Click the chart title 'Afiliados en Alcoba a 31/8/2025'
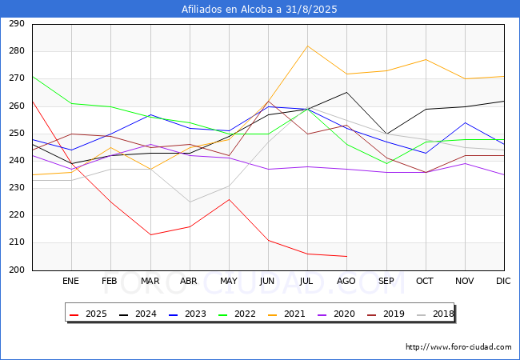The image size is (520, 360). point(259,10)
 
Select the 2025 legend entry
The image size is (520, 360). point(88,314)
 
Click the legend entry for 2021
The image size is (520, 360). point(286,314)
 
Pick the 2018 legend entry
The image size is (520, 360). point(435,314)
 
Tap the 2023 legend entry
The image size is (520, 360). point(187,314)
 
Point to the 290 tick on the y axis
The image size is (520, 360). point(17,24)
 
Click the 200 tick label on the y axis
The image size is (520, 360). point(17,270)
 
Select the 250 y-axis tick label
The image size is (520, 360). point(17,134)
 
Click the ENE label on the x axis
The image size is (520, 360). point(70,281)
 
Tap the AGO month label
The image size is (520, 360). point(346,281)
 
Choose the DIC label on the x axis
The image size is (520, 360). point(503,281)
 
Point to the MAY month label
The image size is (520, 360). point(229,281)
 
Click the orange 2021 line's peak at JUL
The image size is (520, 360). point(308,46)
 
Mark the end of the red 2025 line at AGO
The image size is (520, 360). point(347,256)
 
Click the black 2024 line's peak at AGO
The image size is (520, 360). point(347,92)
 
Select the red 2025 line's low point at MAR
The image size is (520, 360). point(151,234)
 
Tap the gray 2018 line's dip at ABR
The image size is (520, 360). point(190,202)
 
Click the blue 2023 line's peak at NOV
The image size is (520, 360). point(466,122)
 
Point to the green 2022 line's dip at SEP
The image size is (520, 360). point(386,163)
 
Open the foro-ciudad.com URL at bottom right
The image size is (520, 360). point(458,347)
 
